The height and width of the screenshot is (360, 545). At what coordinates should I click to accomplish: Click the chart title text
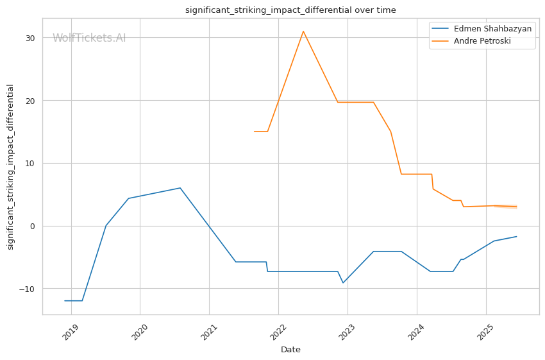click(x=290, y=10)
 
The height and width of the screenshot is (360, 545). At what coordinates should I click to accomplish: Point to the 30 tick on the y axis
click(x=30, y=38)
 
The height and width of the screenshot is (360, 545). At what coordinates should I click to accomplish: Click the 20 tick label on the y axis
click(x=30, y=101)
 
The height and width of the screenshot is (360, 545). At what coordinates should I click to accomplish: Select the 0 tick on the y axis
click(x=33, y=226)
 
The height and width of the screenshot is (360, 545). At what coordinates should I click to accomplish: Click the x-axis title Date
click(x=290, y=350)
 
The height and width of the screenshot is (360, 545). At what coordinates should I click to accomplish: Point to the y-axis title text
click(x=10, y=167)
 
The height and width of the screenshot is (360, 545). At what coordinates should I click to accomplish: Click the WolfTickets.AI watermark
click(x=89, y=39)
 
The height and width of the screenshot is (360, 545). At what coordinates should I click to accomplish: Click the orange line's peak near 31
click(x=303, y=31)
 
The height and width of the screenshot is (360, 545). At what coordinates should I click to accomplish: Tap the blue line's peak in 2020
click(x=180, y=188)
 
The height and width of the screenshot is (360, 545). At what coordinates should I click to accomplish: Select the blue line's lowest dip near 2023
click(x=343, y=282)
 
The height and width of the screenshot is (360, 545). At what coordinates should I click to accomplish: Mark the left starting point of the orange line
click(x=255, y=132)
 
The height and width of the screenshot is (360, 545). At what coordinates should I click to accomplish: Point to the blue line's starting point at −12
click(x=65, y=300)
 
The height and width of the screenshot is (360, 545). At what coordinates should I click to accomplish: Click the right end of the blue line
click(x=517, y=236)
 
